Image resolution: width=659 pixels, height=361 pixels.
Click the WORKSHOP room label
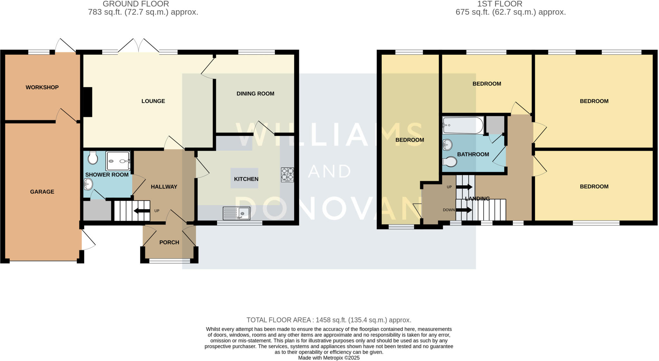click(42, 87)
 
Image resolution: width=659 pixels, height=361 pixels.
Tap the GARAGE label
click(42, 192)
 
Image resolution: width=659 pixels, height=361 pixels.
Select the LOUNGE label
click(153, 101)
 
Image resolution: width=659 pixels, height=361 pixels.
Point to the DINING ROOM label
click(255, 94)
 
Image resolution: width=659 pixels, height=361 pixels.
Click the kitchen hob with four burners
click(287, 175)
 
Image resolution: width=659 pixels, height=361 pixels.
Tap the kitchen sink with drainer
click(236, 213)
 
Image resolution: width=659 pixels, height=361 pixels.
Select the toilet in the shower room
click(93, 158)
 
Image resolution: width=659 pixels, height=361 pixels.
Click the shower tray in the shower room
click(118, 161)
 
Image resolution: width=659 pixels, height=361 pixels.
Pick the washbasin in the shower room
click(88, 185)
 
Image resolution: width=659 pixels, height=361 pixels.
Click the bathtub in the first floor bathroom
click(463, 125)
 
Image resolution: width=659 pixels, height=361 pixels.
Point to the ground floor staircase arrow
click(142, 211)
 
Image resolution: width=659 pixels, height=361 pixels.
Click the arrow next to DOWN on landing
click(464, 210)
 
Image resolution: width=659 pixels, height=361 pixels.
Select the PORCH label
click(169, 242)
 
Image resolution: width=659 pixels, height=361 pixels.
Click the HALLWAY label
click(164, 187)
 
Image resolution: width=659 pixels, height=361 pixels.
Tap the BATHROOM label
click(473, 154)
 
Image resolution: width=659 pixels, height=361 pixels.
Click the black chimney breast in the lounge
click(88, 102)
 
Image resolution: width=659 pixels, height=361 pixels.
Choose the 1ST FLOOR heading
click(500, 4)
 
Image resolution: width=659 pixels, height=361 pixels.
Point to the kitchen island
click(244, 178)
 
